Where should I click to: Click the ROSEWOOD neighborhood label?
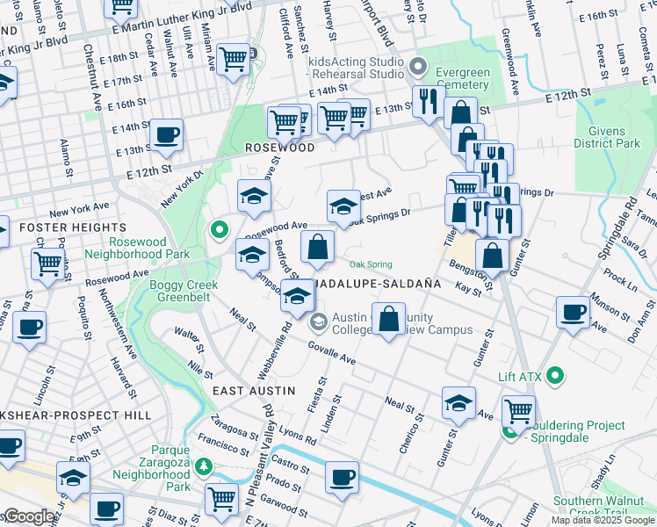(x=279, y=148)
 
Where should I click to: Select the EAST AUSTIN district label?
(x=253, y=389)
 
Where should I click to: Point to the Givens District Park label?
(x=608, y=135)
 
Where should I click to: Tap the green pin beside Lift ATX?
(x=554, y=376)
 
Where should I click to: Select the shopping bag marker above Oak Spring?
(x=317, y=247)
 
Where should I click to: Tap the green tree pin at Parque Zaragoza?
(x=205, y=466)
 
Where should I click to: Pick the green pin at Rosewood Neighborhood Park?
(x=219, y=230)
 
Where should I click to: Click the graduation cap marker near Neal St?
(x=458, y=402)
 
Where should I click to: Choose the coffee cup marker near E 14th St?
(x=165, y=135)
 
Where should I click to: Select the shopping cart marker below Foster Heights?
(x=47, y=263)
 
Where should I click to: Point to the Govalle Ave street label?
(x=331, y=353)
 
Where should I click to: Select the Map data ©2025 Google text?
(x=602, y=520)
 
